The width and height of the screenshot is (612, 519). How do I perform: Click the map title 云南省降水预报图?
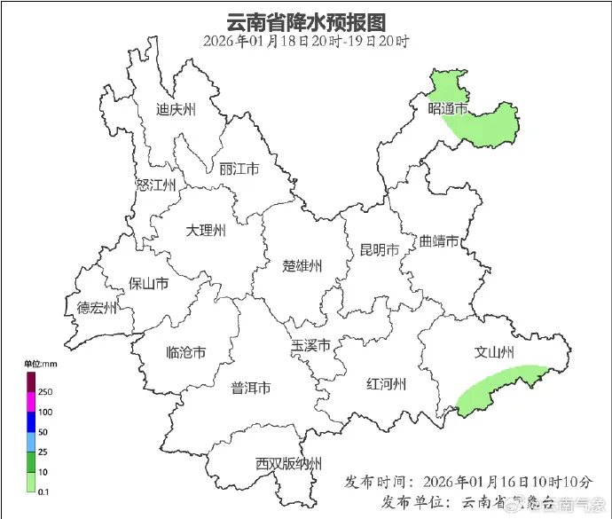(x=307, y=20)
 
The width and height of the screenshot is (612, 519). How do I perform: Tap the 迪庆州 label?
(x=176, y=110)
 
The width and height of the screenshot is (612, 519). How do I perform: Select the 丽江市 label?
(x=239, y=169)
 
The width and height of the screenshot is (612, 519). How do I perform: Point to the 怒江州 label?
(x=156, y=185)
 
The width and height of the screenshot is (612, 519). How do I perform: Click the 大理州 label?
(x=206, y=231)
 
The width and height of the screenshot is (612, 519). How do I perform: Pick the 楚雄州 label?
(x=302, y=265)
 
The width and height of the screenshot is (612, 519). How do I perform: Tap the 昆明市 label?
(x=380, y=248)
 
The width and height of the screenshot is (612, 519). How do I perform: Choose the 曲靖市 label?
(x=439, y=241)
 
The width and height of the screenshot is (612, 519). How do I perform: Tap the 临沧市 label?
(x=186, y=353)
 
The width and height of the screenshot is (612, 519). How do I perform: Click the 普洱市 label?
(x=251, y=388)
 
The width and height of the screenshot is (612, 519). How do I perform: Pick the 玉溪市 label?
(x=311, y=345)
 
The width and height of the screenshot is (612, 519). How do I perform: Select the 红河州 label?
(x=387, y=384)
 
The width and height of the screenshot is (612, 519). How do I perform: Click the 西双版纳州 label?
(x=288, y=463)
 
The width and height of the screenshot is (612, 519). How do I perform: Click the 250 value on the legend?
(x=45, y=392)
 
